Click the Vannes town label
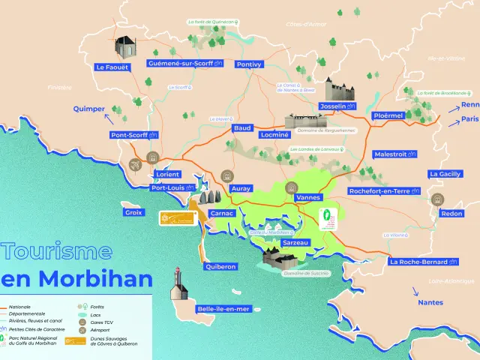(308, 197)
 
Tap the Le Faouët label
(112, 67)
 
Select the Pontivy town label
(249, 64)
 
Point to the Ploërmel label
(388, 115)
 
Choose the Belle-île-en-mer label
(223, 308)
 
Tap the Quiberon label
(220, 266)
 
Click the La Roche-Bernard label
(423, 262)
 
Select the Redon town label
(452, 214)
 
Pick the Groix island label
(133, 212)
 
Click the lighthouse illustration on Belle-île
(178, 283)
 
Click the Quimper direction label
(88, 109)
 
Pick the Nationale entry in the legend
(21, 307)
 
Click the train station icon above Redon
(437, 199)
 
